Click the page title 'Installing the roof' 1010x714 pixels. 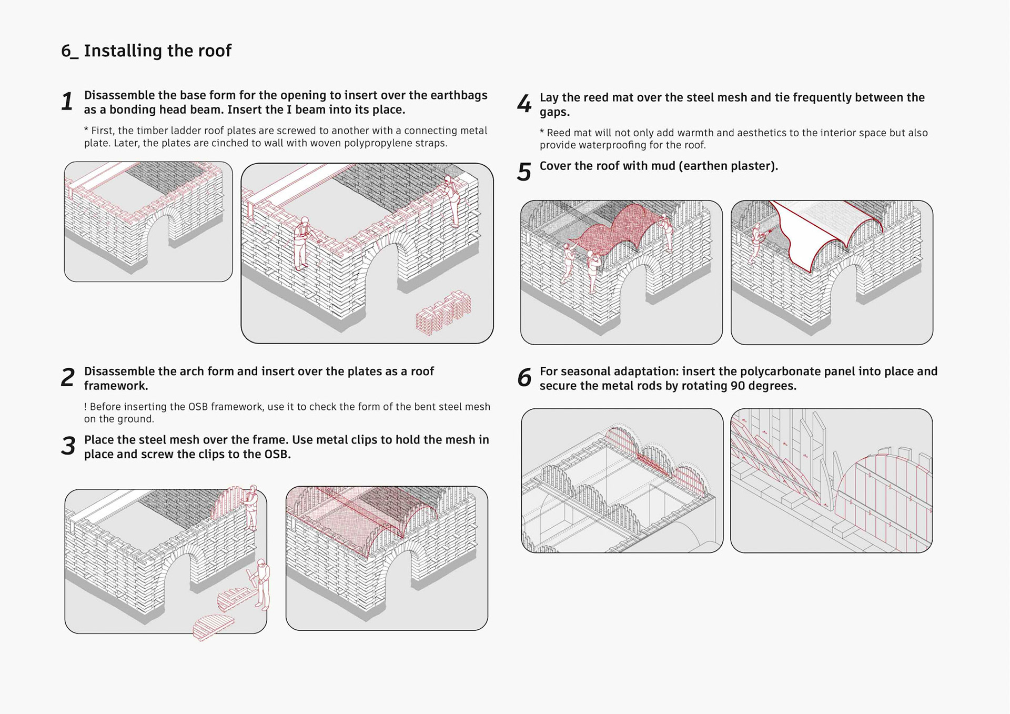pyautogui.click(x=157, y=51)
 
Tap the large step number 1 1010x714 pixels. pyautogui.click(x=67, y=102)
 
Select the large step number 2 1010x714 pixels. pyautogui.click(x=67, y=378)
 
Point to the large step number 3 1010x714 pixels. pyautogui.click(x=68, y=446)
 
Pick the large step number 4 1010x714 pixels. pyautogui.click(x=524, y=104)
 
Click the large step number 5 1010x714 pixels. pyautogui.click(x=524, y=172)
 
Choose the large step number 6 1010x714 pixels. pyautogui.click(x=524, y=378)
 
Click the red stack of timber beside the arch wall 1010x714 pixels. pyautogui.click(x=443, y=313)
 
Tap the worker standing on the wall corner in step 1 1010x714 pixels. pyautogui.click(x=450, y=200)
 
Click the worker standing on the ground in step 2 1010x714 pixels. pyautogui.click(x=262, y=584)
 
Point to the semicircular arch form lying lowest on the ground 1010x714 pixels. pyautogui.click(x=213, y=626)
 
